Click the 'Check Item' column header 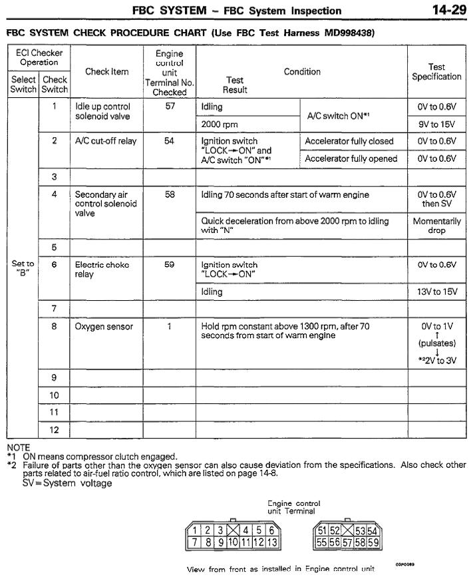[106, 72]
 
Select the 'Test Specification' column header [436, 72]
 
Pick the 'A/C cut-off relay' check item [103, 141]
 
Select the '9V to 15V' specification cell [436, 124]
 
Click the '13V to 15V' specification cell [436, 292]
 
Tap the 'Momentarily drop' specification [436, 226]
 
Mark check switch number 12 [55, 430]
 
